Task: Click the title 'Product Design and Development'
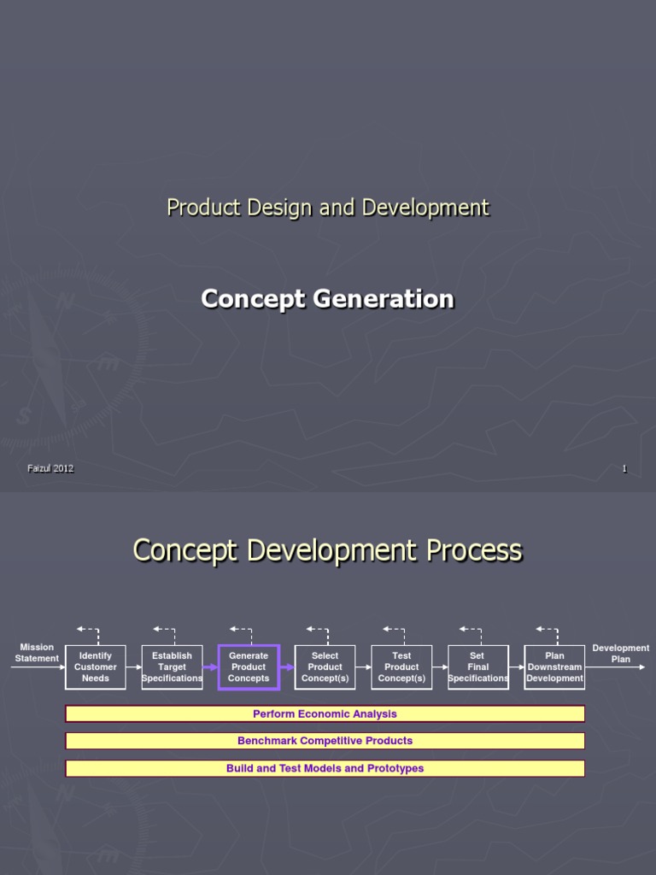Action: tap(328, 208)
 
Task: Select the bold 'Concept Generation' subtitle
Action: tap(327, 298)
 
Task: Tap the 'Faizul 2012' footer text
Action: tap(50, 468)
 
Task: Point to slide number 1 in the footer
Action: tap(624, 469)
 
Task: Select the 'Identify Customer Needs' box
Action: tap(96, 667)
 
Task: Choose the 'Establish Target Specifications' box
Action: tap(172, 667)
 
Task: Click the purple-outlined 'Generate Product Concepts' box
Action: tap(249, 667)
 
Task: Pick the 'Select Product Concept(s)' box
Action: tap(325, 667)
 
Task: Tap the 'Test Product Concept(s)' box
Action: tap(401, 667)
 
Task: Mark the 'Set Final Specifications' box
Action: tap(477, 667)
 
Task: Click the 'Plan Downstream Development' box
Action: tap(554, 667)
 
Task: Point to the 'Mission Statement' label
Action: tap(37, 653)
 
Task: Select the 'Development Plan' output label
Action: tap(620, 654)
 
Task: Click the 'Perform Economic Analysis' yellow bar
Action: tap(325, 714)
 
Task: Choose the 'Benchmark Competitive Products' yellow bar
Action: tap(325, 741)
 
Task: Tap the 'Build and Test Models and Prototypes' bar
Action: tap(325, 768)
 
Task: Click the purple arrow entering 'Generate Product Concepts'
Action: tap(210, 667)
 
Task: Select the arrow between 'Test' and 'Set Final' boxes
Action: tap(440, 667)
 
